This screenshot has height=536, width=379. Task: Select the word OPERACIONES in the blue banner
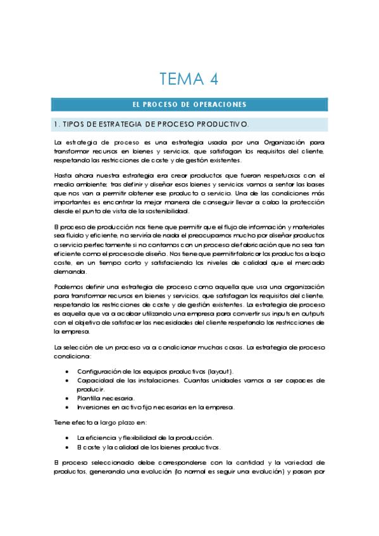click(221, 105)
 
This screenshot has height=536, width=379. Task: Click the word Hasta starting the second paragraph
click(64, 176)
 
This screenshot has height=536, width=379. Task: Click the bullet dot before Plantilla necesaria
click(68, 398)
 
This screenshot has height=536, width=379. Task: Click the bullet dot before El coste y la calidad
click(68, 446)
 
